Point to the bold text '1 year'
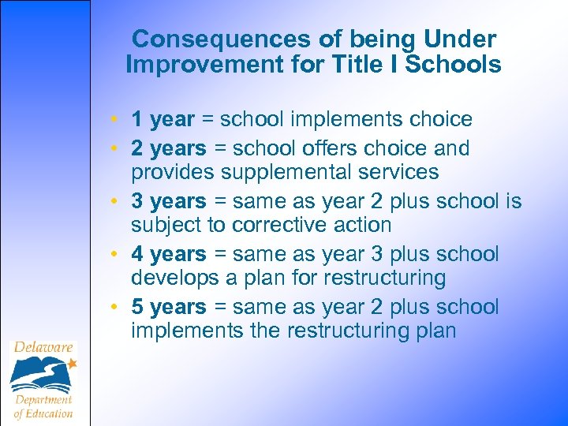[163, 120]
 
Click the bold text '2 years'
[169, 148]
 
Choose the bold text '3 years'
[169, 202]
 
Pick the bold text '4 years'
[169, 255]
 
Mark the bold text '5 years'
[169, 307]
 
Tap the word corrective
[281, 226]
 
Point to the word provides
[173, 173]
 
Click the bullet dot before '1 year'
[115, 121]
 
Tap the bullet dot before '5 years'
[115, 308]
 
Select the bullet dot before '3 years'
[115, 203]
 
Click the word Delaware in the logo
[43, 348]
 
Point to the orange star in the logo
[73, 364]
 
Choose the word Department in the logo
[44, 399]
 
